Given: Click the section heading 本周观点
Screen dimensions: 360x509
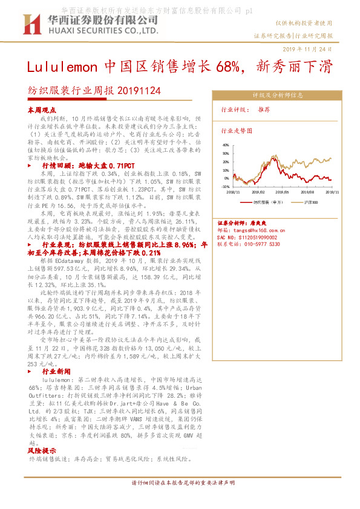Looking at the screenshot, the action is click(42, 110).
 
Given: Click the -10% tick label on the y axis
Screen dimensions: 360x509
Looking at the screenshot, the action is click(225, 187).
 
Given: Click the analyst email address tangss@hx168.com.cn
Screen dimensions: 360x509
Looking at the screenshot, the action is click(257, 230).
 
